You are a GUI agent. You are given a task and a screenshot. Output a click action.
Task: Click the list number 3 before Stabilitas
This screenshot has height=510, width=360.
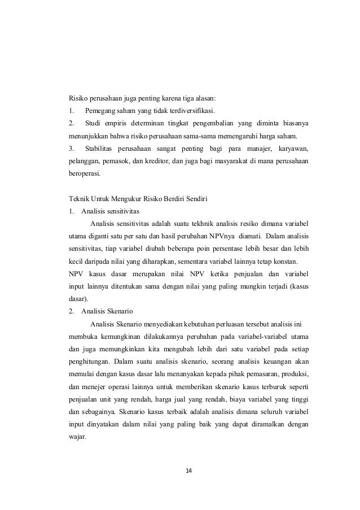71,149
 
